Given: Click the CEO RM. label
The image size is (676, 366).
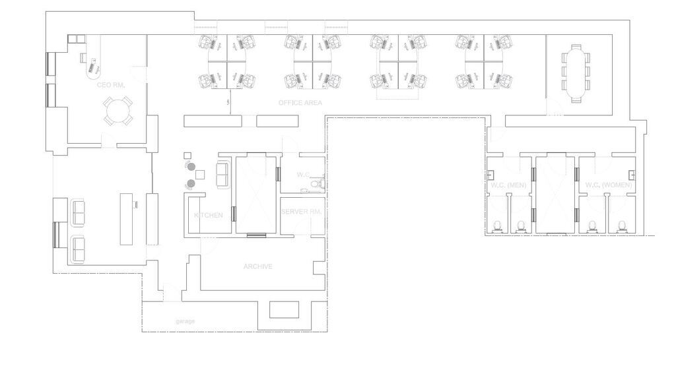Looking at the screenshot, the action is [x=111, y=85].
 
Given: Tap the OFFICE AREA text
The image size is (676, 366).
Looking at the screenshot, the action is [x=300, y=102].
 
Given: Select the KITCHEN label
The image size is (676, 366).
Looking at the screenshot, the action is [x=208, y=215].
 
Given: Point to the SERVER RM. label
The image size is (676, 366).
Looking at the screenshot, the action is [x=301, y=212].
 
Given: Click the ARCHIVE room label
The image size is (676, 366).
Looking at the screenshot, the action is [x=258, y=266].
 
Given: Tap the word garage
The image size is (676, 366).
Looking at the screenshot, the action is [x=186, y=321].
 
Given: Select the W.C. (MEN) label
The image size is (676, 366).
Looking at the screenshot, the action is [x=509, y=185].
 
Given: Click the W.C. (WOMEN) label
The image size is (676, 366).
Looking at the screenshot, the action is [x=608, y=185].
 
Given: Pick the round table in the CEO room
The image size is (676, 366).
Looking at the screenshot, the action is [x=118, y=111].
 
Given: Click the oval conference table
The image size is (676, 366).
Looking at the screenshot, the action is [x=576, y=73].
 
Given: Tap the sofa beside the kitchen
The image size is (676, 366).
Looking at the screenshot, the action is [x=223, y=174].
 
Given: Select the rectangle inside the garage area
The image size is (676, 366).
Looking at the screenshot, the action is [x=284, y=309].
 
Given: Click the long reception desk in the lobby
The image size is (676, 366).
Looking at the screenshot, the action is [x=126, y=219].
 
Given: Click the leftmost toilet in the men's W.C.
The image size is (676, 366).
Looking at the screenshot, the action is [x=498, y=227].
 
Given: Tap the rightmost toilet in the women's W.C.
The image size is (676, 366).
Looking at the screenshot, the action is [x=622, y=227].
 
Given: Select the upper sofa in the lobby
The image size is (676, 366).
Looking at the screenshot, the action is [x=77, y=212].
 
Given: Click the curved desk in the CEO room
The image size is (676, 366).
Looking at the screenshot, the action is [x=94, y=57].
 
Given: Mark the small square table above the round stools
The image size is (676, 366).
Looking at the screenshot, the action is [x=187, y=156].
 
